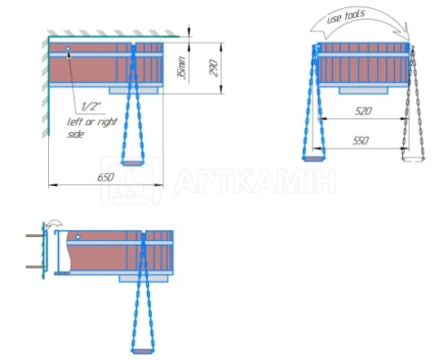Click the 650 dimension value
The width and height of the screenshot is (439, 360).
(x=105, y=177)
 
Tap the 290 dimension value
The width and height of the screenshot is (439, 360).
(x=214, y=68)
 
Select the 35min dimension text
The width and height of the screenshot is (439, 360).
(x=181, y=68)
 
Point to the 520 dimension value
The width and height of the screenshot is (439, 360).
(x=363, y=111)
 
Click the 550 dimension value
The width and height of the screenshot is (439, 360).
(x=361, y=140)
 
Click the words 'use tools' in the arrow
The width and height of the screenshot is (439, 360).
(x=346, y=17)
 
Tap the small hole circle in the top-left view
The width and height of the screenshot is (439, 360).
(x=68, y=49)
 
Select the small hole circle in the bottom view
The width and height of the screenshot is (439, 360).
(x=78, y=237)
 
